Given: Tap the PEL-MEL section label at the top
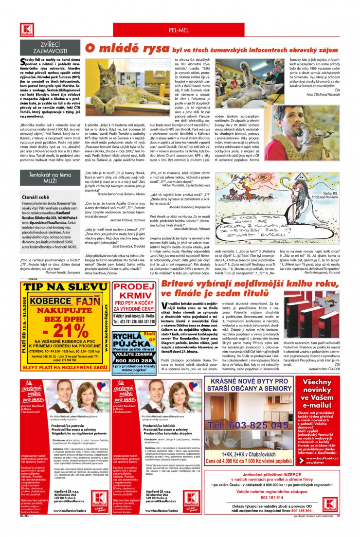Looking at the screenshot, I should pyautogui.click(x=179, y=31).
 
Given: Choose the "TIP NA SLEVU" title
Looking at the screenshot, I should pyautogui.click(x=66, y=287).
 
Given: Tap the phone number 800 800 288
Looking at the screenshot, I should pyautogui.click(x=135, y=360).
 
